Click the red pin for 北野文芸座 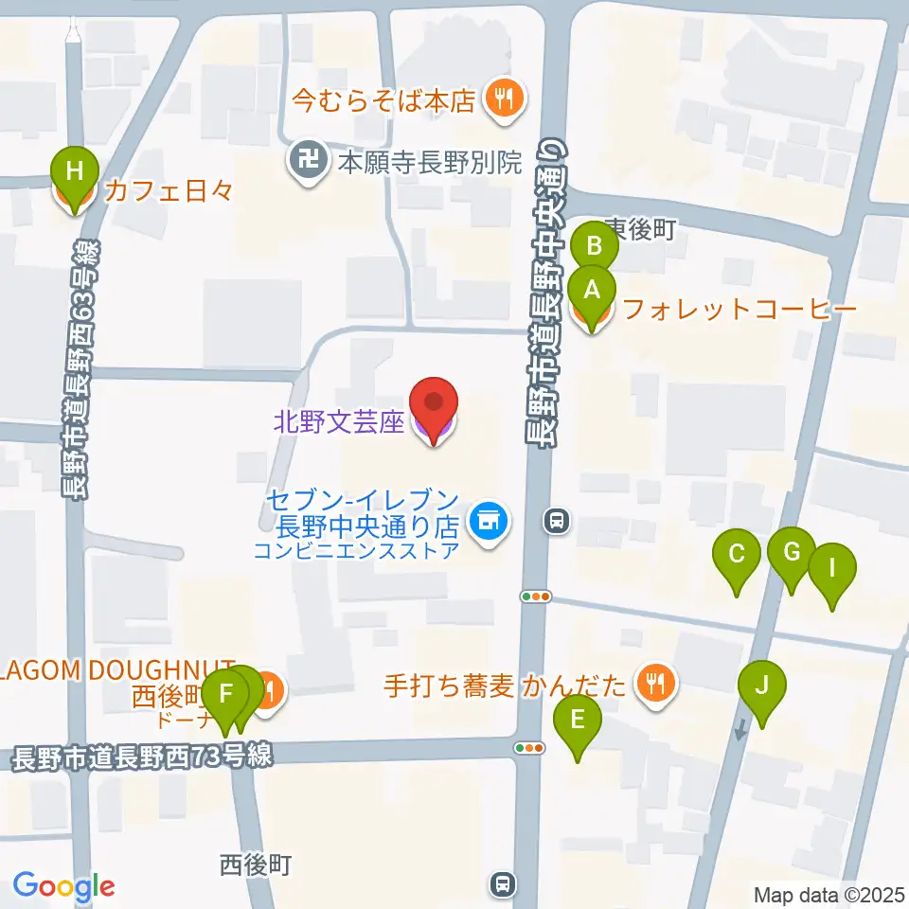pyautogui.click(x=435, y=405)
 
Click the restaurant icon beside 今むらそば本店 pyautogui.click(x=503, y=98)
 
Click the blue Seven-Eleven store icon pyautogui.click(x=489, y=518)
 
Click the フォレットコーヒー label pyautogui.click(x=739, y=309)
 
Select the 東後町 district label pyautogui.click(x=640, y=229)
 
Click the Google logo pyautogui.click(x=63, y=886)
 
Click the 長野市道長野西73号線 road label pyautogui.click(x=142, y=757)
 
